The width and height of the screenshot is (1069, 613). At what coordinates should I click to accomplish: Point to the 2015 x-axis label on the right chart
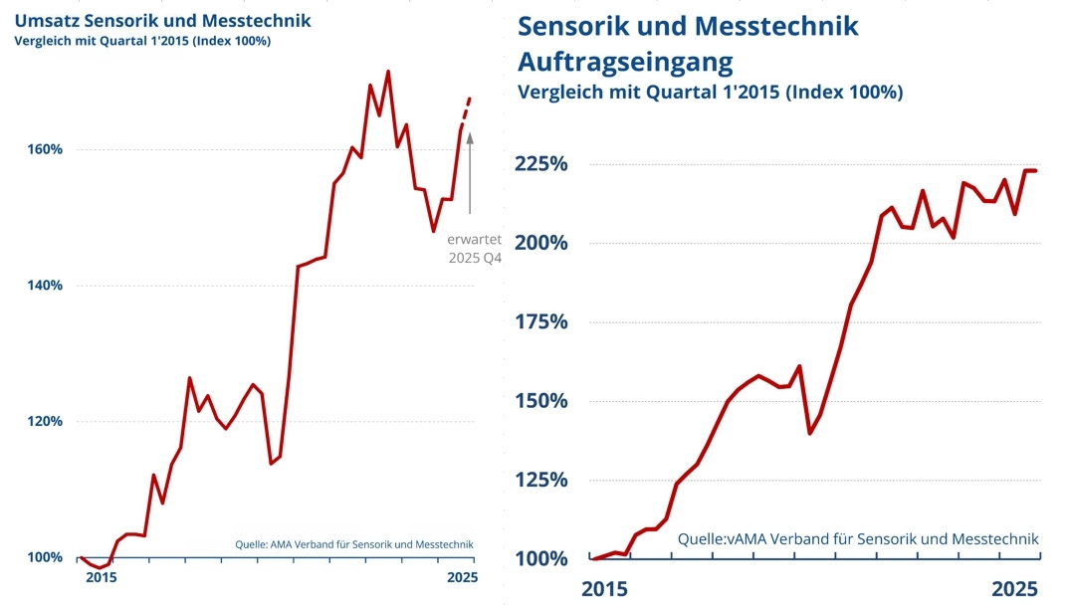(604, 588)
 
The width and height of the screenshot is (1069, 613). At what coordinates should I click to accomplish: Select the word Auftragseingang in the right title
(625, 62)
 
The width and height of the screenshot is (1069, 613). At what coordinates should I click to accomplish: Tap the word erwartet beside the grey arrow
(473, 240)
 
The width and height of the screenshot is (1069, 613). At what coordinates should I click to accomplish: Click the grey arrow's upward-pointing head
(470, 138)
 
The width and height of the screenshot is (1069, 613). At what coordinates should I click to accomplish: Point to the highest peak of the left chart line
(387, 72)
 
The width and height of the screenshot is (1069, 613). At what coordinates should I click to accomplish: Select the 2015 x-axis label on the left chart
(102, 577)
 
